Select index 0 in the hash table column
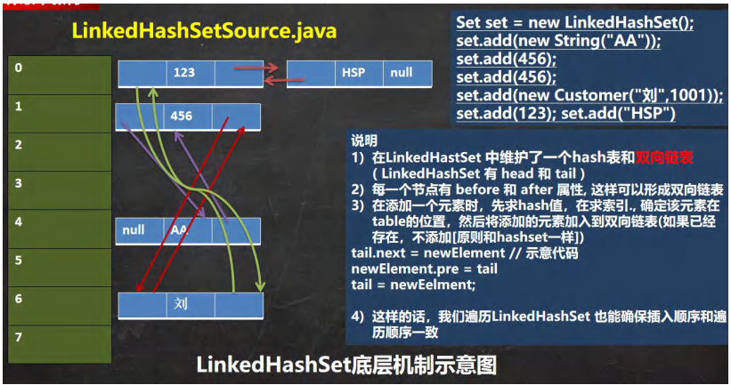click(x=20, y=67)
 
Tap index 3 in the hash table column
click(x=20, y=183)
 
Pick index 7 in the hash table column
click(x=20, y=338)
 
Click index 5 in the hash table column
click(x=20, y=261)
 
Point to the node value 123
click(x=184, y=73)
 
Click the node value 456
click(x=182, y=116)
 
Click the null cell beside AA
click(x=134, y=229)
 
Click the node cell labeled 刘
click(x=182, y=304)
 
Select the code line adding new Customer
click(x=589, y=96)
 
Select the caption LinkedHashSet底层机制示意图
click(x=345, y=365)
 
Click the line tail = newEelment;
click(x=414, y=285)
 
